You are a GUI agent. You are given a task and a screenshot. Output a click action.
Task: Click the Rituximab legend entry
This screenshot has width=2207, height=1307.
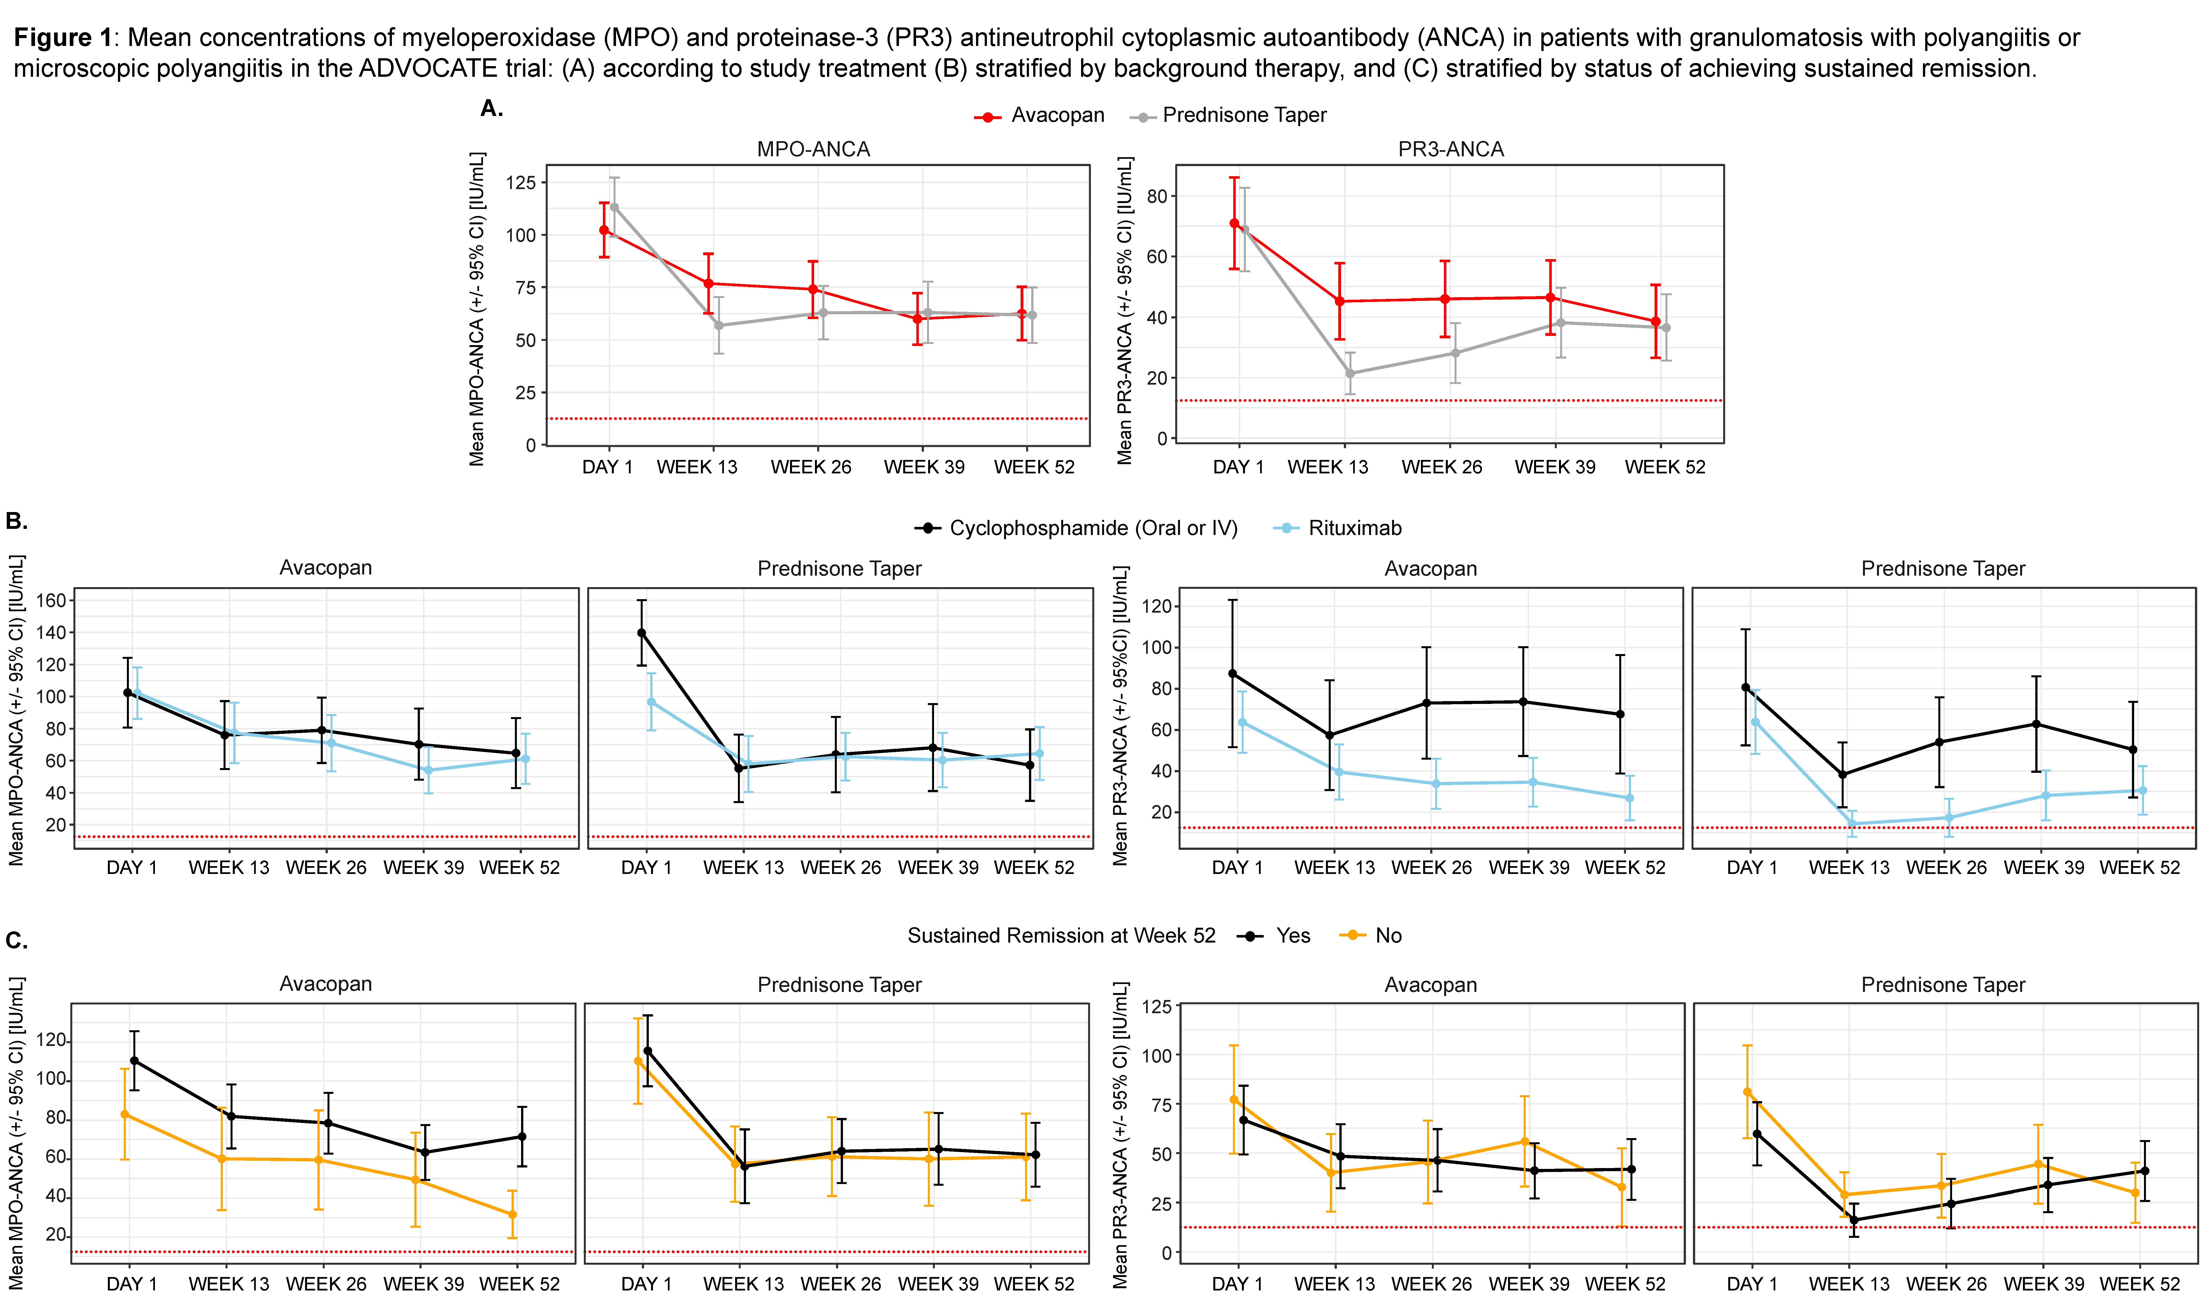coord(1354,529)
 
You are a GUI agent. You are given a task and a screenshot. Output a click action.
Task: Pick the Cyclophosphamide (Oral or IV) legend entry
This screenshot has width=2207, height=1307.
coord(1092,529)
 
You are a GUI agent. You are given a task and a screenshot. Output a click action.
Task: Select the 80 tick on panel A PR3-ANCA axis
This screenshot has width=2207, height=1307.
coord(1156,196)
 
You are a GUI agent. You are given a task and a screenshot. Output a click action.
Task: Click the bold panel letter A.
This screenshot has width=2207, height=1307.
coord(491,108)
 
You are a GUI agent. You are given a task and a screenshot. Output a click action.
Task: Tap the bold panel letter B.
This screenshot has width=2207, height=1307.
coord(16,521)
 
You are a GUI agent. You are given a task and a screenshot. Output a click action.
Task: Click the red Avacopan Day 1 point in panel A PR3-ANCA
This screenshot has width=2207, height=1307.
coord(1235,224)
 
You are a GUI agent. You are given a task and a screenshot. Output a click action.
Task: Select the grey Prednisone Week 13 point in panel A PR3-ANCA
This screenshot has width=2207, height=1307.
coord(1350,373)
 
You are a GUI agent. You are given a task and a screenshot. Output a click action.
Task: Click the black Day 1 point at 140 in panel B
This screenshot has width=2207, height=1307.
coord(641,632)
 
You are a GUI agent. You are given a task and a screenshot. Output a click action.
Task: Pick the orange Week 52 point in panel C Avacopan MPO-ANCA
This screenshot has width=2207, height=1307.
coord(513,1215)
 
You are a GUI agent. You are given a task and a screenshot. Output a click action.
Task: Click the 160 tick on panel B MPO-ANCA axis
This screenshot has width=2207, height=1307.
coord(51,601)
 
